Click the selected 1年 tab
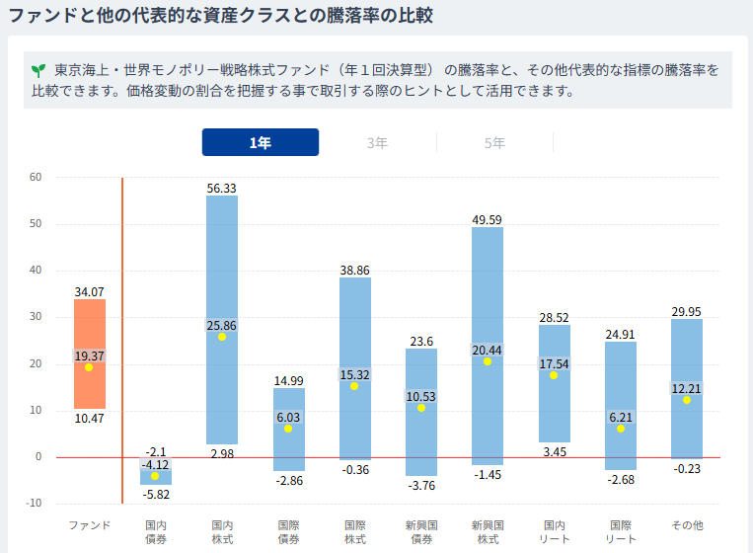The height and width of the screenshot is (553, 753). pos(261,142)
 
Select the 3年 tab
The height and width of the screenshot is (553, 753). pos(377,143)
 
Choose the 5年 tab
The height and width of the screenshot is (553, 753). pos(494,143)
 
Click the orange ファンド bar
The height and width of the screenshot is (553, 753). pos(90,355)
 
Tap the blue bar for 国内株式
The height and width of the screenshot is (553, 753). pos(222,320)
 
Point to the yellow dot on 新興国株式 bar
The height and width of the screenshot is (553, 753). pos(488,361)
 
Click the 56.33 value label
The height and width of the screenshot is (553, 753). pos(221,189)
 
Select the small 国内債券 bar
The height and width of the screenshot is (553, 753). pos(156,476)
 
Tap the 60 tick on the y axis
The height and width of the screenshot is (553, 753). pos(36,177)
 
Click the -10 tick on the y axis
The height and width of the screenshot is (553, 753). pos(34,503)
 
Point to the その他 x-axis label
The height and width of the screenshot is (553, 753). pos(687,525)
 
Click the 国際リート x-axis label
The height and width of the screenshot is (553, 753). pos(621,532)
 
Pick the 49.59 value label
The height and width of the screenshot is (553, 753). pos(487,220)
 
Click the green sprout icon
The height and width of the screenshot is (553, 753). pos(38,71)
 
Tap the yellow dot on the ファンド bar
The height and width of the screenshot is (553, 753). pos(89,367)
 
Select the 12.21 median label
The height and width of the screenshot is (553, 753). pos(686,388)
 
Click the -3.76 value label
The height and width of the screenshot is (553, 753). pos(421,486)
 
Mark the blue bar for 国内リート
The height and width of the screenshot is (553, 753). pos(555,383)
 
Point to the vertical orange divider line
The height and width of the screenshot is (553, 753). pos(122,341)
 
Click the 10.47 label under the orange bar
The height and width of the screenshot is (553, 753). pos(90,419)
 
